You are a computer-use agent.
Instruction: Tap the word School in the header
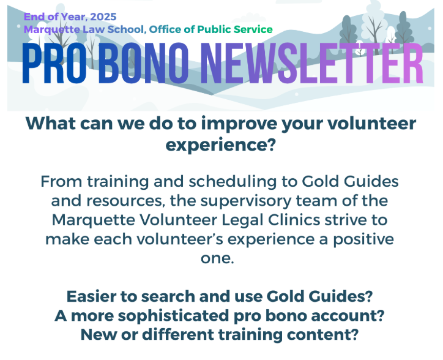(127, 29)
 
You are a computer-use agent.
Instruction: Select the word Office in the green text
(165, 29)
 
